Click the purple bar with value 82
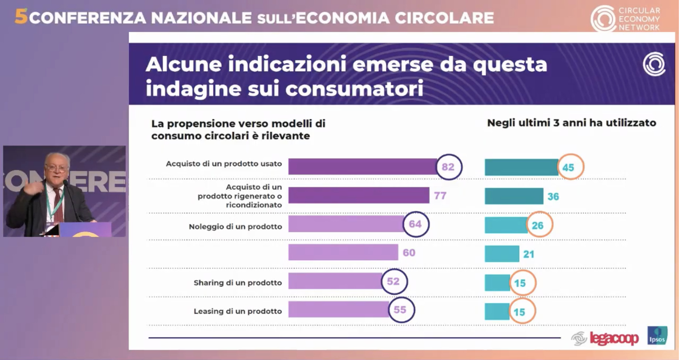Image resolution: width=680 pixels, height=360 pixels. click(362, 167)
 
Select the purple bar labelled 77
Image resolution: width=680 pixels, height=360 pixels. click(359, 195)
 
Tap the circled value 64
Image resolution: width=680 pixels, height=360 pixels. click(415, 224)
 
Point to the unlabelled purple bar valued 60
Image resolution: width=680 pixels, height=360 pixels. click(343, 253)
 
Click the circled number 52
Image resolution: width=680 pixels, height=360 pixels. click(394, 282)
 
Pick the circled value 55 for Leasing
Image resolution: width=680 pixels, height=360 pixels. click(401, 310)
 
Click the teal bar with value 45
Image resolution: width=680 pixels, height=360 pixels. click(521, 167)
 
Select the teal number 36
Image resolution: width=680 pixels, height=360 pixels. click(553, 196)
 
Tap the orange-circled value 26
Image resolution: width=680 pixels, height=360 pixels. click(538, 225)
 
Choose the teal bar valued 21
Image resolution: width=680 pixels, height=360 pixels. click(502, 254)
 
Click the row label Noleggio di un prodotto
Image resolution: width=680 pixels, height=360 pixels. click(235, 227)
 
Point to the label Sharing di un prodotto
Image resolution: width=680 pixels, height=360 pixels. click(238, 283)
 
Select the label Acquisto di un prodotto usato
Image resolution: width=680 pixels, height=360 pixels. click(224, 164)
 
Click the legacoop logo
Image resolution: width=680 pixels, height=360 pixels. click(614, 338)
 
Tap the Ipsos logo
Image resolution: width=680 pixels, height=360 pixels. click(657, 336)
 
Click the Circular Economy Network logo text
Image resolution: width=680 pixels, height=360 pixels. click(639, 19)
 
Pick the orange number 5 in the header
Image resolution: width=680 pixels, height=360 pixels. click(21, 17)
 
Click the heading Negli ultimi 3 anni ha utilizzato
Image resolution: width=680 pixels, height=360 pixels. click(572, 123)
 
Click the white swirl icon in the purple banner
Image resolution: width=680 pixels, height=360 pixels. click(654, 64)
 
